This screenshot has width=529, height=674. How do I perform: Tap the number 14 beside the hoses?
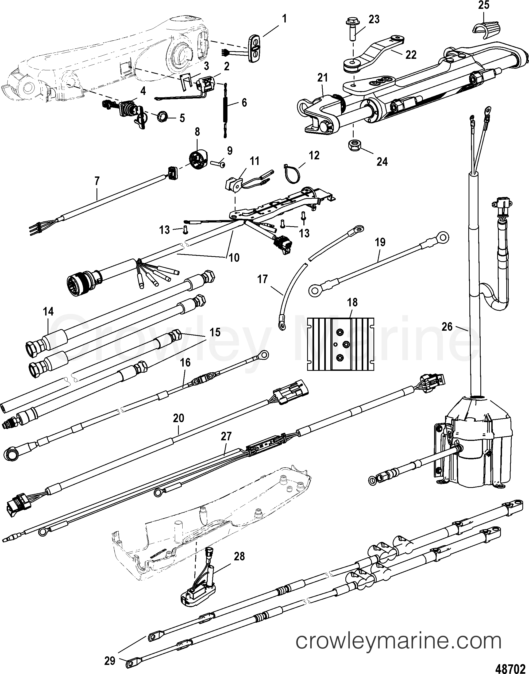[48, 311]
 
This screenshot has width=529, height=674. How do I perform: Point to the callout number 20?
[179, 418]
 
